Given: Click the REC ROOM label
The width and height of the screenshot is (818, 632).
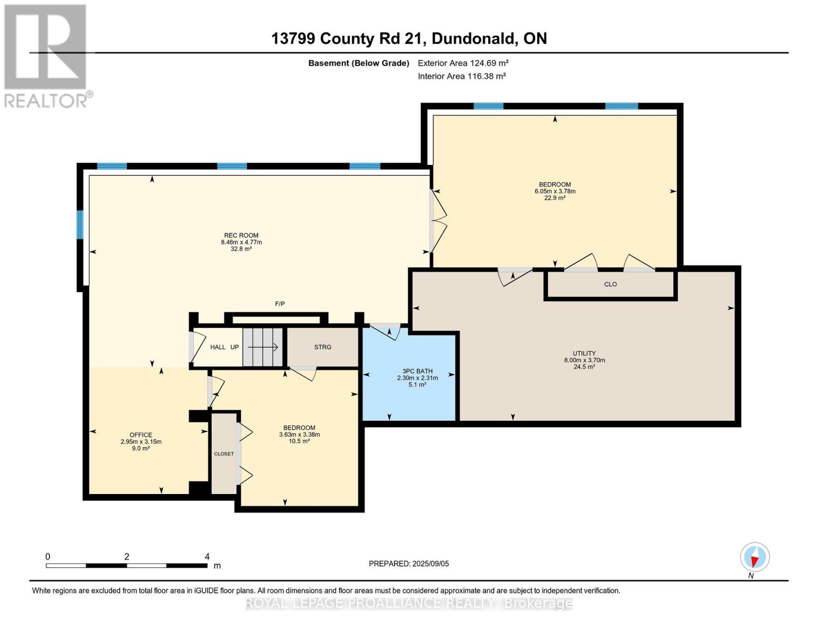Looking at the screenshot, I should coord(241,235).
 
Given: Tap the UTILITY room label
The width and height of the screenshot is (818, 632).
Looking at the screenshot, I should coord(584,353).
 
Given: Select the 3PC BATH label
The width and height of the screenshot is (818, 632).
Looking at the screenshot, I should coord(417,371).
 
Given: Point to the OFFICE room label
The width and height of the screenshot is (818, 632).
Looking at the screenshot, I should coord(141,435).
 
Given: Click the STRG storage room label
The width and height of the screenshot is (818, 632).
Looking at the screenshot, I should coord(323,347).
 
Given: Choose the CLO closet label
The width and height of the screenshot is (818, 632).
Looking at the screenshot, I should coord(610,284).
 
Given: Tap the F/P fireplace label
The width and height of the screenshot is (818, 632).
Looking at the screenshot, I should coord(280,304).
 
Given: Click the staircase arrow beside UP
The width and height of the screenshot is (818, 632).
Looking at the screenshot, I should coord(263,347).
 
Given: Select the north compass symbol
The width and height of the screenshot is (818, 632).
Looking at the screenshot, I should coord(755,557).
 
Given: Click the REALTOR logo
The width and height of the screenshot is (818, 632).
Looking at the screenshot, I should coord(46,56).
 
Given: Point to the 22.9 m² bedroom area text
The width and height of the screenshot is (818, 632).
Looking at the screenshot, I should coord(555,198).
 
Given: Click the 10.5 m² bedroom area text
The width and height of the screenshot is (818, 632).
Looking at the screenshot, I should coord(299,441).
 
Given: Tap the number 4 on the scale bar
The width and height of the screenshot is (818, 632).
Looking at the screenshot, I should coord(207,557).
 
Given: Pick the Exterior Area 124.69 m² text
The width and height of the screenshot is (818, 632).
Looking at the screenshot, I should coord(463,63).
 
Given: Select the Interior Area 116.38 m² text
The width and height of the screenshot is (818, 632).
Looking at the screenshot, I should coord(462,76).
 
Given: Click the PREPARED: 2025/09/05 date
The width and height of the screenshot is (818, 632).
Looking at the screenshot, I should coord(409,564).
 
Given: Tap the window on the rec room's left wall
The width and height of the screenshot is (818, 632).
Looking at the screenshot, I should coord(80,225).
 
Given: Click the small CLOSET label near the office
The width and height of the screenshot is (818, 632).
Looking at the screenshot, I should coord(224,453).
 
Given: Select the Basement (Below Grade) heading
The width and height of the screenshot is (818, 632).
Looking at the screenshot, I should coord(359,63).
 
